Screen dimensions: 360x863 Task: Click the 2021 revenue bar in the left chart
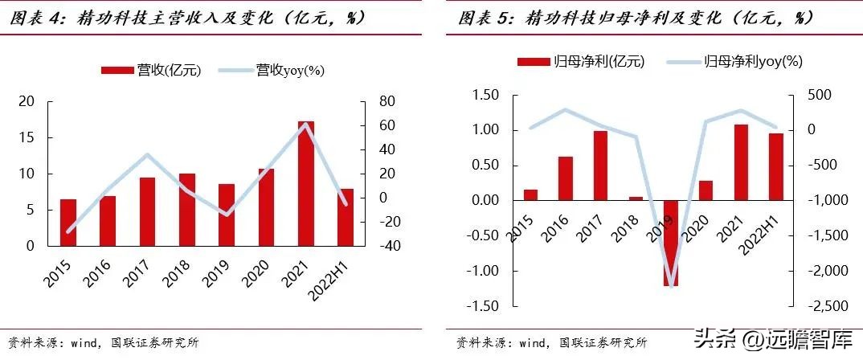click(x=306, y=183)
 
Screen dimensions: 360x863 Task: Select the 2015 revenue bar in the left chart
click(x=68, y=222)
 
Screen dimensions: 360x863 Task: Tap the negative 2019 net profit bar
click(x=670, y=243)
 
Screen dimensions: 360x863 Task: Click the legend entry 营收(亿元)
click(x=150, y=70)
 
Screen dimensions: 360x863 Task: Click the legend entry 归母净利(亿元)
click(x=580, y=61)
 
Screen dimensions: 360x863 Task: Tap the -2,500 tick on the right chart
click(x=825, y=306)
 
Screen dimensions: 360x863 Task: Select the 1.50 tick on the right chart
click(x=485, y=96)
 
